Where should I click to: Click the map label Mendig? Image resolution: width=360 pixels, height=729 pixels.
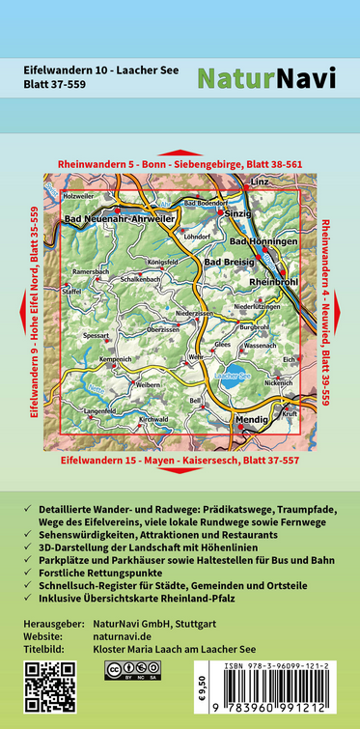pos(251,421)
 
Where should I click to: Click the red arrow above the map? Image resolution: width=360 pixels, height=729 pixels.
pos(180,153)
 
